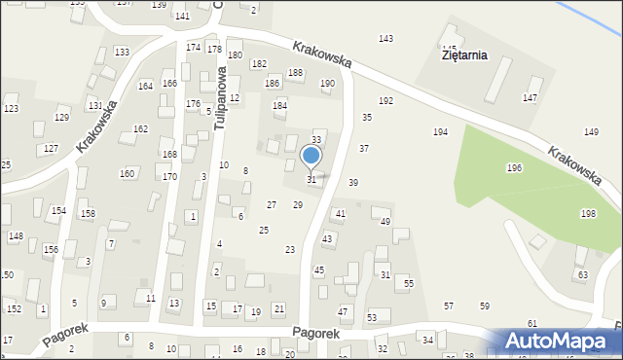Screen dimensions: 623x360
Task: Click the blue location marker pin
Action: pos(311,156)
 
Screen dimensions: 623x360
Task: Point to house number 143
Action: pos(385,39)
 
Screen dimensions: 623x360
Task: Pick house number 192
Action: pos(385,101)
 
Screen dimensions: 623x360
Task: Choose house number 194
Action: pos(440,131)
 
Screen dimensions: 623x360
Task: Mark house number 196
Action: pos(514,168)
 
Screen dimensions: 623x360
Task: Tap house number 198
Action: pos(588,213)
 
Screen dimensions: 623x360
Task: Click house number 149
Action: pos(591,131)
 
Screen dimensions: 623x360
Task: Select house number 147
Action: pos(530,98)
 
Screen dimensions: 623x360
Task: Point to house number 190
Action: pos(327,84)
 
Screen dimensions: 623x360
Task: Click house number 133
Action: pos(122,52)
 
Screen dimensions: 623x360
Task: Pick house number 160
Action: pos(127,173)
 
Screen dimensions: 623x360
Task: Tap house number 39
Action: pos(353,183)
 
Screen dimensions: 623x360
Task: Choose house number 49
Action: pos(385,222)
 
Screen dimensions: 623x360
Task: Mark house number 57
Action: pos(449,306)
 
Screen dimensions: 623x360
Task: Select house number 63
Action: pos(582,275)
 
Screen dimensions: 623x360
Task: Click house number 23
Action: pos(290,250)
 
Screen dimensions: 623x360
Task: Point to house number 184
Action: pos(279,105)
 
